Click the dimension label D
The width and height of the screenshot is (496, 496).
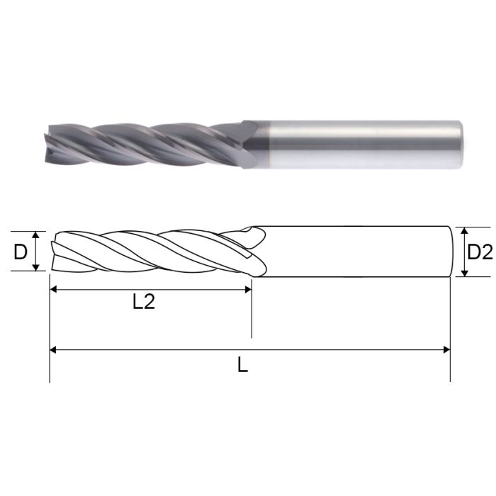tap(21, 252)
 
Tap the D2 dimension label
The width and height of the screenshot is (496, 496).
tap(480, 252)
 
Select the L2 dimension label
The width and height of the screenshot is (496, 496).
tap(144, 302)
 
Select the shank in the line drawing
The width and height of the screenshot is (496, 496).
tap(354, 252)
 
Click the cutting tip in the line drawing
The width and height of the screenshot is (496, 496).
tap(54, 252)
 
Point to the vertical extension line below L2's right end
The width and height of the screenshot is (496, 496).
tap(252, 315)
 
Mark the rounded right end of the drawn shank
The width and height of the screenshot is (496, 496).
tap(451, 252)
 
